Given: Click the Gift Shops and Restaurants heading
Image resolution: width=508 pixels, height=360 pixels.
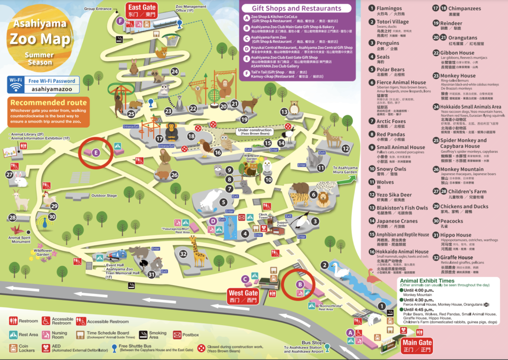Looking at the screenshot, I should (297, 8).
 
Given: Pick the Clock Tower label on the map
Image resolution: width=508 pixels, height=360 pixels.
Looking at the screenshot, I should (263, 216).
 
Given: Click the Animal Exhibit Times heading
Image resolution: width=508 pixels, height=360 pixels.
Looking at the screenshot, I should (430, 281).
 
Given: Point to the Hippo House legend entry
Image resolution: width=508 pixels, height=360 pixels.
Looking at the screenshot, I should (456, 235).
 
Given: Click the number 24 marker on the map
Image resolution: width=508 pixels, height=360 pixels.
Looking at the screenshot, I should (174, 72).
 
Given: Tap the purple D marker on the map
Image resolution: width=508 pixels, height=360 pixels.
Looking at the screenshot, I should (212, 221).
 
